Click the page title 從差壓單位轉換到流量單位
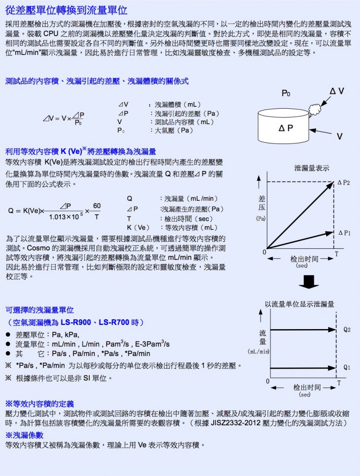click(67, 11)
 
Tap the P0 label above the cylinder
click(286, 93)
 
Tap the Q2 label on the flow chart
click(347, 329)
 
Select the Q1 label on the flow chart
click(347, 367)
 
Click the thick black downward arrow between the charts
click(308, 281)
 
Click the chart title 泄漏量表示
click(312, 168)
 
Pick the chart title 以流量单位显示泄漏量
click(299, 304)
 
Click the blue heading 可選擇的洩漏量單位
click(39, 310)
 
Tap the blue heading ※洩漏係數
click(24, 435)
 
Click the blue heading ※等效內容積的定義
click(39, 403)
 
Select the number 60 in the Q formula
click(97, 206)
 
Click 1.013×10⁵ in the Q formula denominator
click(65, 216)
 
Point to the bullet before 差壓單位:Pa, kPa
click(8, 335)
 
